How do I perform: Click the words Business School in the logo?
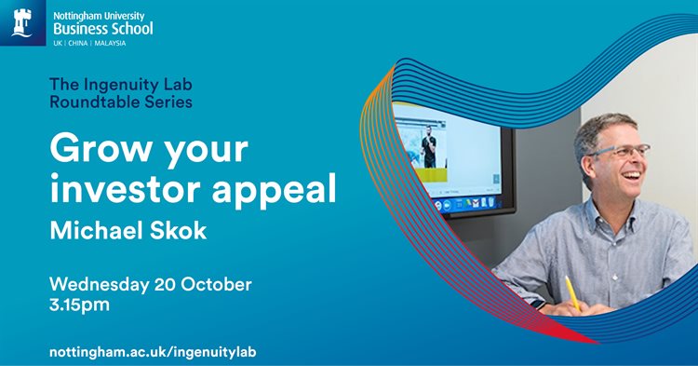coord(103,28)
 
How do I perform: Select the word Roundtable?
coord(87,102)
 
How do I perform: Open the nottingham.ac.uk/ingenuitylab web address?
coord(153,351)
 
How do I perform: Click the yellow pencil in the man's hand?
coord(571,291)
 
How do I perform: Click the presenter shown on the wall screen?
coord(428,147)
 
